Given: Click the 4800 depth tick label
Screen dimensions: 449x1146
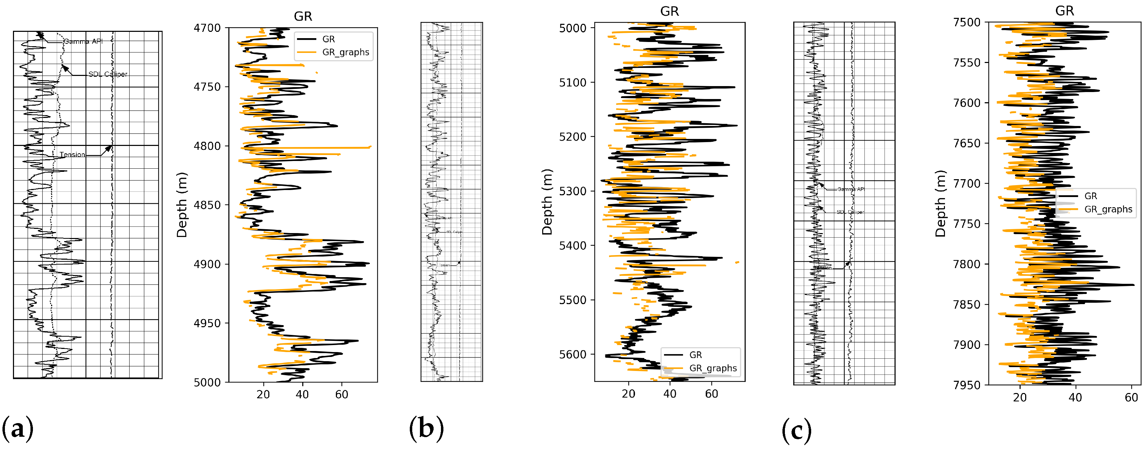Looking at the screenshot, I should (x=207, y=146).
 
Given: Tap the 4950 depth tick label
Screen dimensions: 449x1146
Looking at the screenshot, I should (x=207, y=323).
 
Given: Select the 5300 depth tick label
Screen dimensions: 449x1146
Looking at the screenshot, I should (x=573, y=191).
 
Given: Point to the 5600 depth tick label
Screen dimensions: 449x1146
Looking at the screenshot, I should (x=573, y=354).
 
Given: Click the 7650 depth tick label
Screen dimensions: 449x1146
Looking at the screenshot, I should (x=966, y=143).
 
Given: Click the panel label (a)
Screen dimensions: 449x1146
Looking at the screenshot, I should (x=18, y=429).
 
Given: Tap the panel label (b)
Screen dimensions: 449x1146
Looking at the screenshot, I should (x=426, y=429).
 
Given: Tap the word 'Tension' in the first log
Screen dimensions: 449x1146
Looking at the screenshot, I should (x=72, y=155).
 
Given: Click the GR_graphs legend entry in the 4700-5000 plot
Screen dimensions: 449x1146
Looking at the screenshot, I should (x=345, y=52).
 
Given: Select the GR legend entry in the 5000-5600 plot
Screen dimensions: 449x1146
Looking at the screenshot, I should (x=695, y=355).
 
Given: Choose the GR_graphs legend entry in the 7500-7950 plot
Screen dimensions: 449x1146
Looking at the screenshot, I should (x=1108, y=209).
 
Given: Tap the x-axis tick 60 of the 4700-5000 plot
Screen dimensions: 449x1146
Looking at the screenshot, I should (x=342, y=395).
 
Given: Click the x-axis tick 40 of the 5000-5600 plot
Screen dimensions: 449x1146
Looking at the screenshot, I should (x=670, y=394).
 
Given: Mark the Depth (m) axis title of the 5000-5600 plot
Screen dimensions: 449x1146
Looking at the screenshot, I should (x=547, y=202).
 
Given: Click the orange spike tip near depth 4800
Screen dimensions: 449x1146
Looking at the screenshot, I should (x=370, y=147).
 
